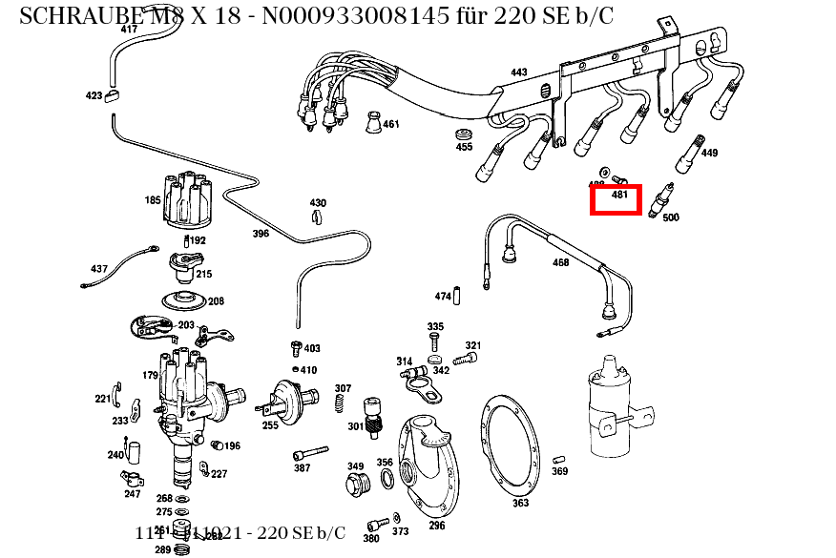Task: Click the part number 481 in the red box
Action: (x=619, y=195)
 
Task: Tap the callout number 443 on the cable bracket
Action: (x=518, y=72)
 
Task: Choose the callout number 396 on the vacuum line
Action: (x=261, y=233)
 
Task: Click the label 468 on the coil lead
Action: (x=560, y=262)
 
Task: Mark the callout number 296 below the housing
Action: (x=436, y=526)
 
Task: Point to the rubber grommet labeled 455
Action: (x=465, y=132)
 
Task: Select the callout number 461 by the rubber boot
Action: (x=391, y=124)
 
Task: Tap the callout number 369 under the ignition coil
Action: (x=559, y=471)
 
